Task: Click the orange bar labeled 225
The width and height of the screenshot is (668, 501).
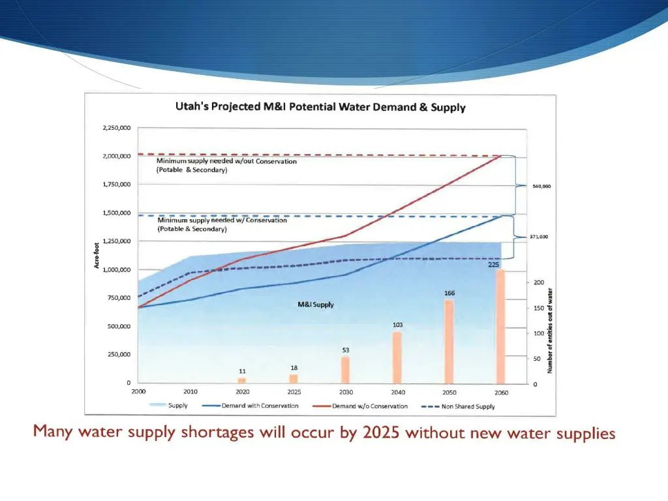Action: coord(500,326)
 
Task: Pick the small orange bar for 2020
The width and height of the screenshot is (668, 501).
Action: coord(242,380)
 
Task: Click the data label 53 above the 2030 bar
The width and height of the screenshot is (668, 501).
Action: coord(346,350)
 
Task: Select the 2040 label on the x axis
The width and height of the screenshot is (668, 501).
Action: coord(397,392)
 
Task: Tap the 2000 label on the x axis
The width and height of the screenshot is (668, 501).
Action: coord(138,392)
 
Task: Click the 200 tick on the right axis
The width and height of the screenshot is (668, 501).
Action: coord(539,282)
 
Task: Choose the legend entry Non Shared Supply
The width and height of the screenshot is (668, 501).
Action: coord(466,406)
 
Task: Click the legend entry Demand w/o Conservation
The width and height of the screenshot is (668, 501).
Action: coord(369,406)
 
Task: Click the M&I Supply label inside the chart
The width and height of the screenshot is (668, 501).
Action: coord(316,305)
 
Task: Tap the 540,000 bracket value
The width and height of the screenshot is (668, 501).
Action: coord(542,187)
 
